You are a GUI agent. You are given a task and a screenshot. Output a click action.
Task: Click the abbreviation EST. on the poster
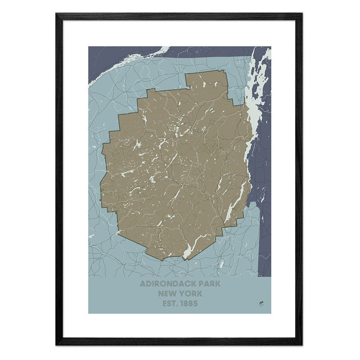[x=170, y=303]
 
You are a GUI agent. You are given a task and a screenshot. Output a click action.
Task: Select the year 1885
[x=189, y=303]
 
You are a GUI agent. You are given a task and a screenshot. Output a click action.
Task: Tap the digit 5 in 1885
[x=195, y=303]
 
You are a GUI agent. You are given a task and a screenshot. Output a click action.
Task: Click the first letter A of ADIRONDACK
[x=143, y=284]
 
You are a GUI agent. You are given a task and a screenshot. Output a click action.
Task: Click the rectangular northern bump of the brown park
[x=207, y=81]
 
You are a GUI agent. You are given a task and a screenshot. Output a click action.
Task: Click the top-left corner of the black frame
[x=57, y=15]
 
